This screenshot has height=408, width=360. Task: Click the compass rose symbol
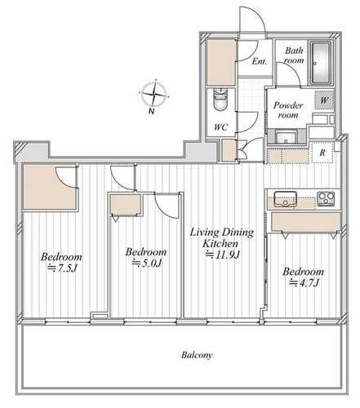tap(154, 94)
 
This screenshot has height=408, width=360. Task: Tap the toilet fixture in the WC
tap(220, 99)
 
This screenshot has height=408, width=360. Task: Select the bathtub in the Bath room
tap(321, 63)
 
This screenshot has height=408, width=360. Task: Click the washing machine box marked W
tap(324, 100)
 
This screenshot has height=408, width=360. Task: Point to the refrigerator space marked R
tap(322, 153)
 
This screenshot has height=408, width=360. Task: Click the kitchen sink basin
tap(285, 199)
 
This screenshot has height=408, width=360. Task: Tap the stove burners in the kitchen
tap(326, 198)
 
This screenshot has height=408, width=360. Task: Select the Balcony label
tap(197, 355)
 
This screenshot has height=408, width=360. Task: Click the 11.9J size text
tap(222, 255)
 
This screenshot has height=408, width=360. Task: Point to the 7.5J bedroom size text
tap(63, 268)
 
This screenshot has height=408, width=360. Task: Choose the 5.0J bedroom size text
tap(147, 263)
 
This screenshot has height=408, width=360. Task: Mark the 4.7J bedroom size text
tap(304, 283)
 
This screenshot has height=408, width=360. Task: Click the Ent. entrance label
tap(259, 61)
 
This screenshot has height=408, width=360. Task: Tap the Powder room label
tap(288, 110)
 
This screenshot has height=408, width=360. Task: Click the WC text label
tap(220, 127)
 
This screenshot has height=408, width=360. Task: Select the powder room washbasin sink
tap(286, 137)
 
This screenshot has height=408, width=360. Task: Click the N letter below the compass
tap(151, 111)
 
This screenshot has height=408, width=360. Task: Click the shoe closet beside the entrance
tap(221, 63)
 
